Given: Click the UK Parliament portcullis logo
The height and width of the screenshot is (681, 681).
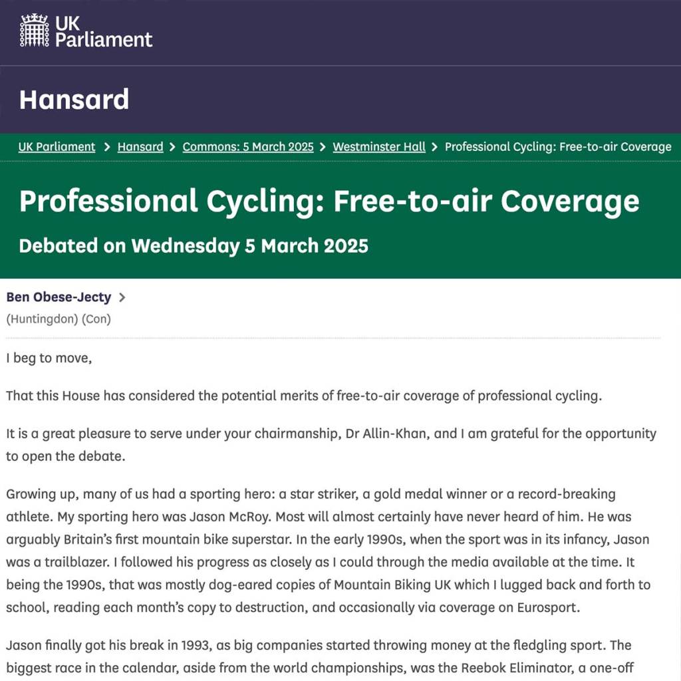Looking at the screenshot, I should tap(34, 31).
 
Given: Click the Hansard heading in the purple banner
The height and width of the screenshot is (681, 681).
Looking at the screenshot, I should tap(74, 100).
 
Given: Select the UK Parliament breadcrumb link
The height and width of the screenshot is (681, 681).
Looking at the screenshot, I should tap(57, 147).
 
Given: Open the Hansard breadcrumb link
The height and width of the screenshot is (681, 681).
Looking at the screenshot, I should tap(140, 147).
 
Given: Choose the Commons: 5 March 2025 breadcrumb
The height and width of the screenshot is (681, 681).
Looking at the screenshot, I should tap(248, 147).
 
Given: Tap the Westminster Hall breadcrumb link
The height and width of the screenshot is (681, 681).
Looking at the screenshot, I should tap(379, 147).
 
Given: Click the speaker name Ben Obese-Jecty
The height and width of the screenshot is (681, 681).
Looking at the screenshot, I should tap(59, 297).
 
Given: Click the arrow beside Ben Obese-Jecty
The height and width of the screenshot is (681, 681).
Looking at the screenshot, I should tap(122, 297).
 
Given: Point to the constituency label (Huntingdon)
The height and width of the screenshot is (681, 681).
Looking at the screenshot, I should tap(42, 319).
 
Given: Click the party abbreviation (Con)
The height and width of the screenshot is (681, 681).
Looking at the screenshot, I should tap(96, 319).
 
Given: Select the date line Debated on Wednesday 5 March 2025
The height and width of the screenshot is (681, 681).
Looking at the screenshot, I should tap(194, 245).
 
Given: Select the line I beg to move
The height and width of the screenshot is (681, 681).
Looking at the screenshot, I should tap(49, 358).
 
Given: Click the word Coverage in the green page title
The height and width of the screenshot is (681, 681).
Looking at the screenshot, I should tap(570, 201).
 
